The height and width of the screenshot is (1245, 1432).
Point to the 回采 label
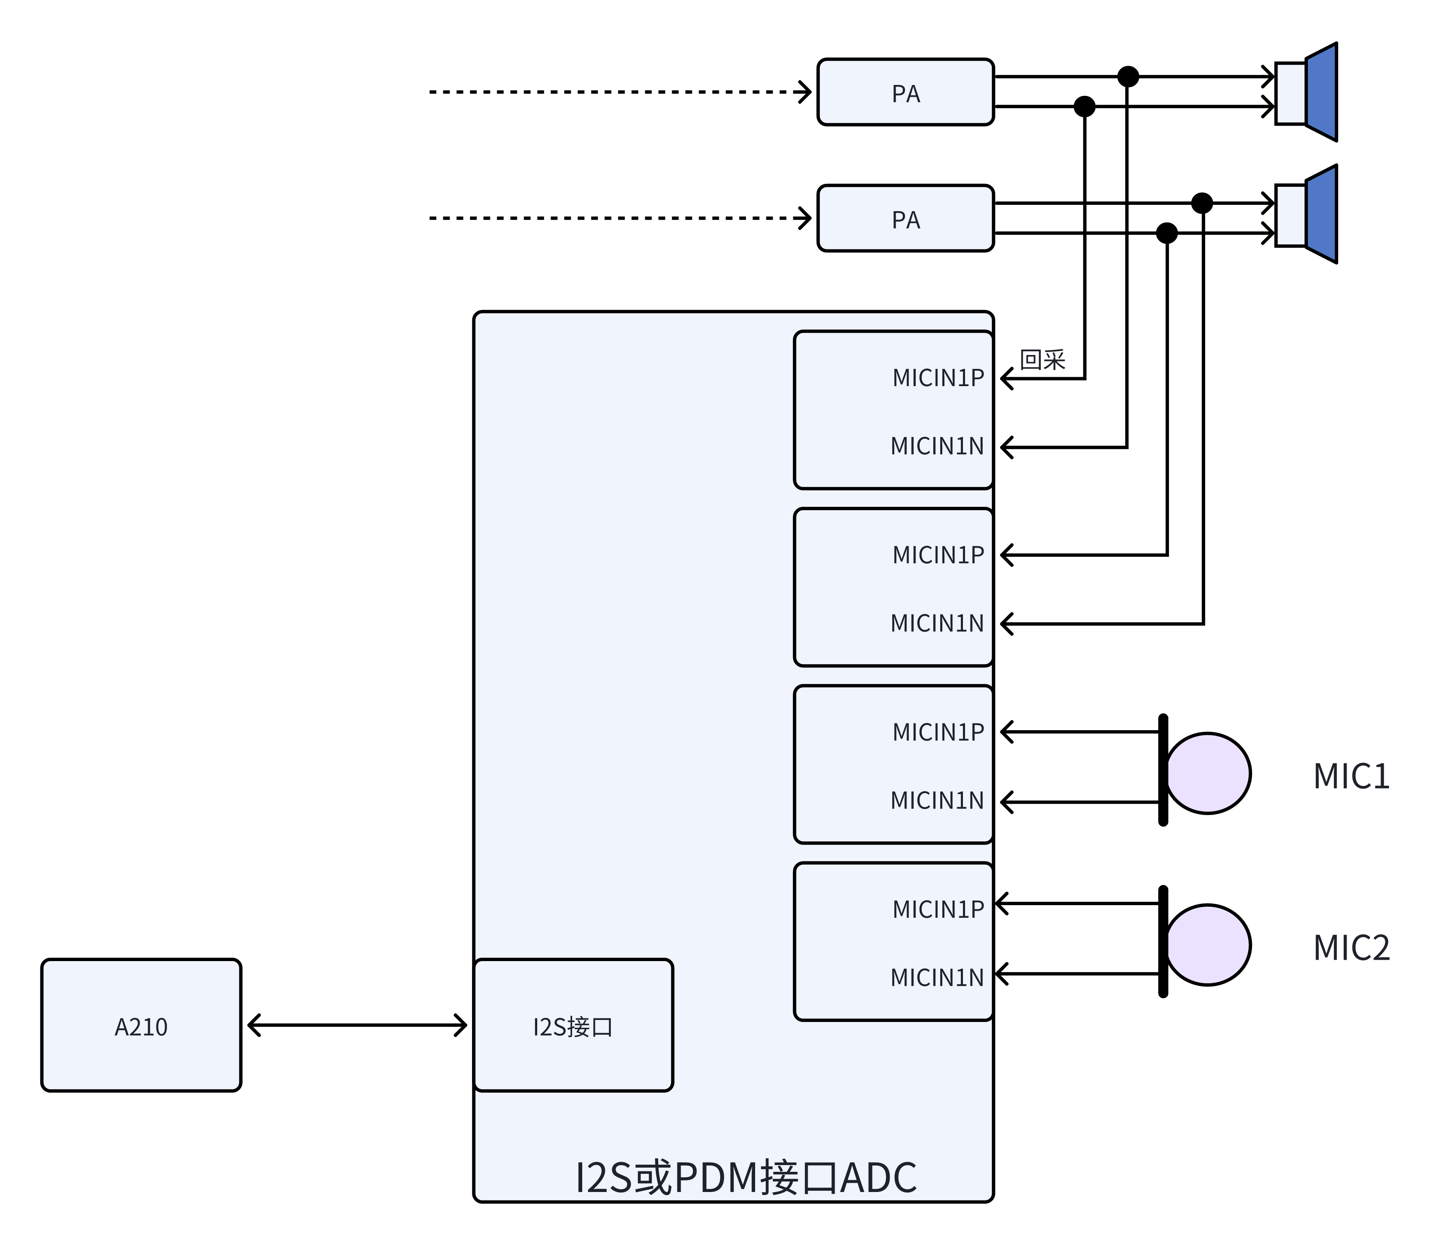pyautogui.click(x=1042, y=360)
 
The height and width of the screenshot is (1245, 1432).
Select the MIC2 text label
pyautogui.click(x=1351, y=948)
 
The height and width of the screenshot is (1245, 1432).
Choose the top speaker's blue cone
pyautogui.click(x=1321, y=93)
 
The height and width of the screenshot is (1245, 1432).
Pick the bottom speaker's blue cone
pyautogui.click(x=1321, y=215)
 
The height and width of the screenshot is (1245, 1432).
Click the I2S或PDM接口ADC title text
pyautogui.click(x=745, y=1178)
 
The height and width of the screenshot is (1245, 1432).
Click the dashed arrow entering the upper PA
pyautogui.click(x=618, y=92)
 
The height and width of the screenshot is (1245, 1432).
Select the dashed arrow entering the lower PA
pyautogui.click(x=618, y=218)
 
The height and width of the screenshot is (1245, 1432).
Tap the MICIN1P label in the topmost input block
pyautogui.click(x=938, y=378)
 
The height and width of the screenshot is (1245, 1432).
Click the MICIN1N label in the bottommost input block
pyautogui.click(x=936, y=977)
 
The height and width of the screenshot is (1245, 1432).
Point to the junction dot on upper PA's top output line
pyautogui.click(x=1128, y=77)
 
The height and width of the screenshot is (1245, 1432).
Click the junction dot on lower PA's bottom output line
pyautogui.click(x=1167, y=233)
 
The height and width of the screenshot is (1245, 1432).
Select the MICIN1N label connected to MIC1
pyautogui.click(x=936, y=800)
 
